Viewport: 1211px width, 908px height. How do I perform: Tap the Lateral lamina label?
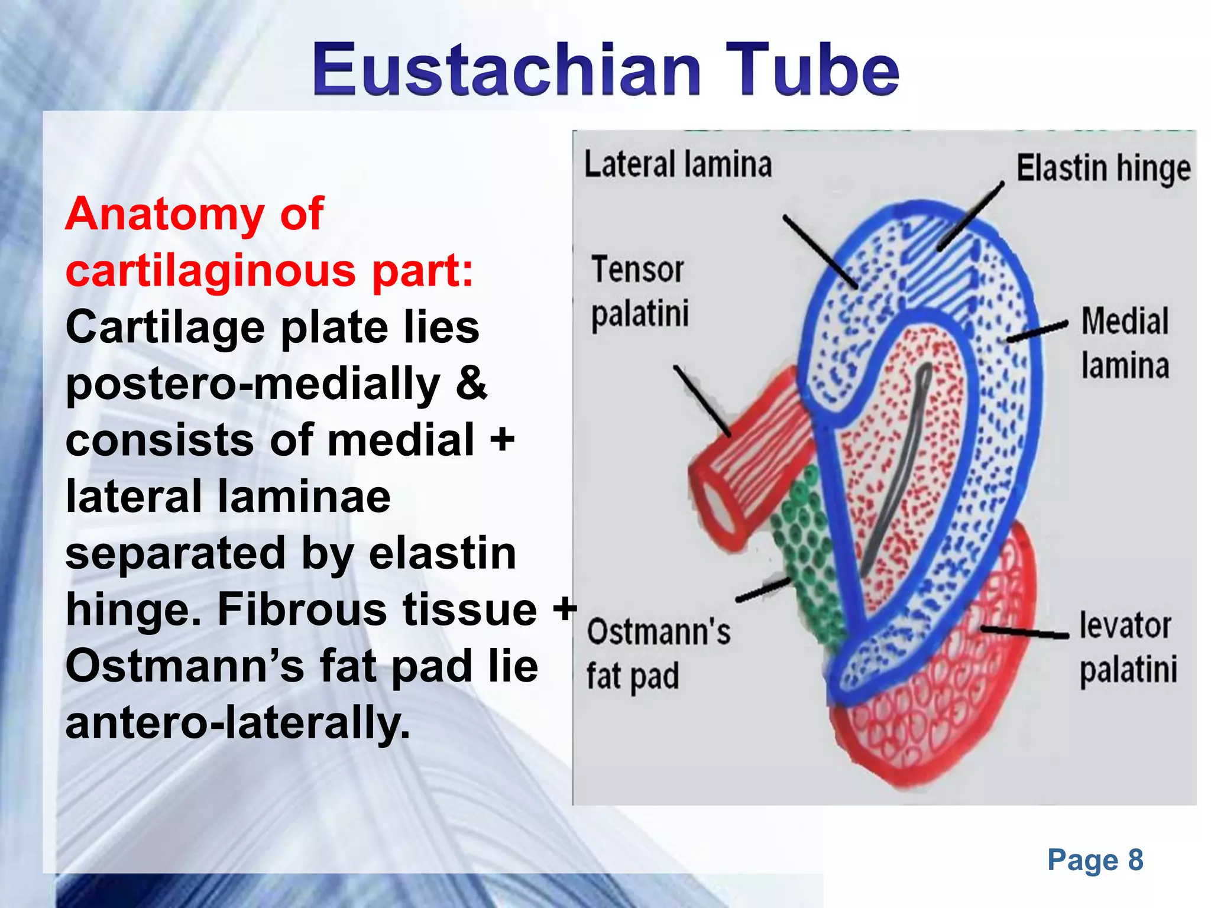678,164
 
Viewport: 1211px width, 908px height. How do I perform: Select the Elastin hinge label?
1103,168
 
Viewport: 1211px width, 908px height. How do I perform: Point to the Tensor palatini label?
640,291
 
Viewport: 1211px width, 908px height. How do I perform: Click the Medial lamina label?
1125,343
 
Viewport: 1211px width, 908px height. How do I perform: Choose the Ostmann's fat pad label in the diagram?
658,653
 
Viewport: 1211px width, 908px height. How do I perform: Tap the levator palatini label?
1127,647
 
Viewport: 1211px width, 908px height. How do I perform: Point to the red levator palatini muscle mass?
934,709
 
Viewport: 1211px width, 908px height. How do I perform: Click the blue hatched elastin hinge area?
940,260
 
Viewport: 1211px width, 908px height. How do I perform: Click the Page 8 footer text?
1095,860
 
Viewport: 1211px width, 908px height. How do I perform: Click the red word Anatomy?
164,214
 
